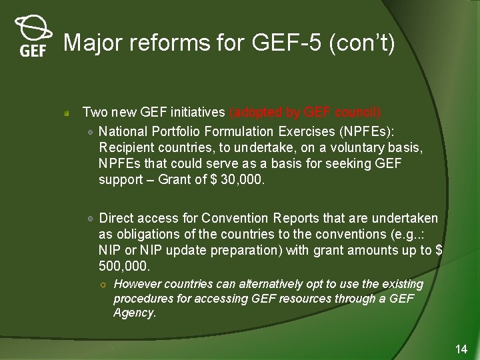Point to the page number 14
click(461, 349)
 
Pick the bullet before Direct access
click(90, 219)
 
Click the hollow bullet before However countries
click(105, 285)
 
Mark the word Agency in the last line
click(134, 313)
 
